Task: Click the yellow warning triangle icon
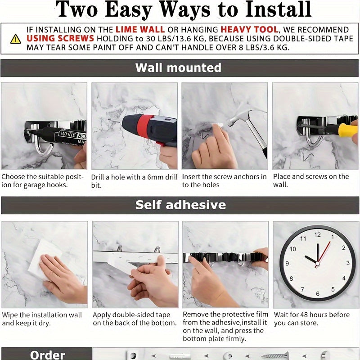pyautogui.click(x=16, y=39)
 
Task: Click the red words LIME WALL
pyautogui.click(x=140, y=30)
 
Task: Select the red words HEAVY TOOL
pyautogui.click(x=249, y=30)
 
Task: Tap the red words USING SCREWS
pyautogui.click(x=60, y=38)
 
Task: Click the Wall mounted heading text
pyautogui.click(x=178, y=68)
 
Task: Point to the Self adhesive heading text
pyautogui.click(x=180, y=205)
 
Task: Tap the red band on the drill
pyautogui.click(x=145, y=127)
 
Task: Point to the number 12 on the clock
pyautogui.click(x=318, y=234)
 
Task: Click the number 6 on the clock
pyautogui.click(x=318, y=294)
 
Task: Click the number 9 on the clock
pyautogui.click(x=287, y=263)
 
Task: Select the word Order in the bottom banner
pyautogui.click(x=48, y=355)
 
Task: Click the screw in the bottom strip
pyautogui.click(x=275, y=356)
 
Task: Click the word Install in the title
pyautogui.click(x=278, y=9)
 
